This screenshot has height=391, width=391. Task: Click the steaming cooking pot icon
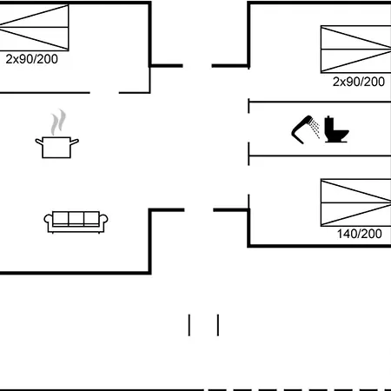(57, 134)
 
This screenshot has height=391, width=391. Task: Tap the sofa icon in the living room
(76, 222)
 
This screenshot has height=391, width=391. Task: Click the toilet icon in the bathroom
(336, 129)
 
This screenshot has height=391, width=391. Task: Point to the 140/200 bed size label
(360, 234)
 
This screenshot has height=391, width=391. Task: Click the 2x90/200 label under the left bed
(32, 59)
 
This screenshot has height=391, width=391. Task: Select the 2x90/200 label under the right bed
(359, 82)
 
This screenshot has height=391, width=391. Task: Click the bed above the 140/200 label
(356, 202)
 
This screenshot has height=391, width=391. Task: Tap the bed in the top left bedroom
(34, 28)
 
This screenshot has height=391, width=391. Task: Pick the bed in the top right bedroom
(356, 50)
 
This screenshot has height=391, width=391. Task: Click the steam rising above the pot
(58, 122)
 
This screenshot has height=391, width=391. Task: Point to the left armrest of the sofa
(49, 222)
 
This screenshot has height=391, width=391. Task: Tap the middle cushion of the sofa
(76, 218)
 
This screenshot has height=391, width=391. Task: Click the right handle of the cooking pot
(75, 142)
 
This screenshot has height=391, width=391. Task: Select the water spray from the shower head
(315, 129)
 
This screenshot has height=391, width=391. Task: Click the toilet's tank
(329, 124)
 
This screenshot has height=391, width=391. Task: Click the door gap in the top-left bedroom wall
(104, 93)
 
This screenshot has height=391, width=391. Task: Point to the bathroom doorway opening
(249, 128)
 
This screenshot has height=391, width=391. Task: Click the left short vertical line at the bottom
(189, 325)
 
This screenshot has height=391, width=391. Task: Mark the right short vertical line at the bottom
(218, 325)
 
